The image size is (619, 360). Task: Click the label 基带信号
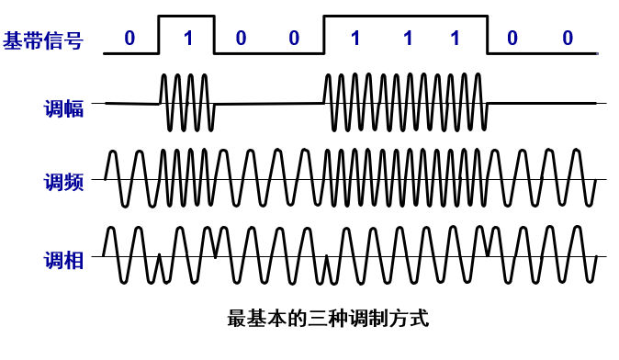(x=44, y=39)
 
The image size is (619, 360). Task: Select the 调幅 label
(x=63, y=108)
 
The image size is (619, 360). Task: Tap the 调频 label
(x=63, y=181)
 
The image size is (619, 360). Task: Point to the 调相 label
(x=63, y=259)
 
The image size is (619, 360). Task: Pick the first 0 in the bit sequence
(x=129, y=39)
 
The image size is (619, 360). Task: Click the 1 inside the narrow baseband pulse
(x=187, y=39)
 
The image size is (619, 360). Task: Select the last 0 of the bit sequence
(x=568, y=39)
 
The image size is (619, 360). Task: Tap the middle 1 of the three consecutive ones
(x=404, y=39)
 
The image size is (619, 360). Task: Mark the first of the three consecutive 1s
(x=353, y=39)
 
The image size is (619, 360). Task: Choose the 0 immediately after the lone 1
(x=241, y=39)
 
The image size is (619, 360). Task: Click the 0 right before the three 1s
(x=294, y=39)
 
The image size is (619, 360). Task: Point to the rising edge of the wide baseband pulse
(x=323, y=35)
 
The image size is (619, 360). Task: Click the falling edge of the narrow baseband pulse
(x=214, y=35)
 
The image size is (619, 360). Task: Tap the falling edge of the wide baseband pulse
(x=486, y=35)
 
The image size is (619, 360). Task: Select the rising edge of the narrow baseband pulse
(x=159, y=35)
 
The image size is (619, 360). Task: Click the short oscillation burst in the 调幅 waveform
(x=187, y=103)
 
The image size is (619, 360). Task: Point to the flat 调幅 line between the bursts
(x=268, y=103)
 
